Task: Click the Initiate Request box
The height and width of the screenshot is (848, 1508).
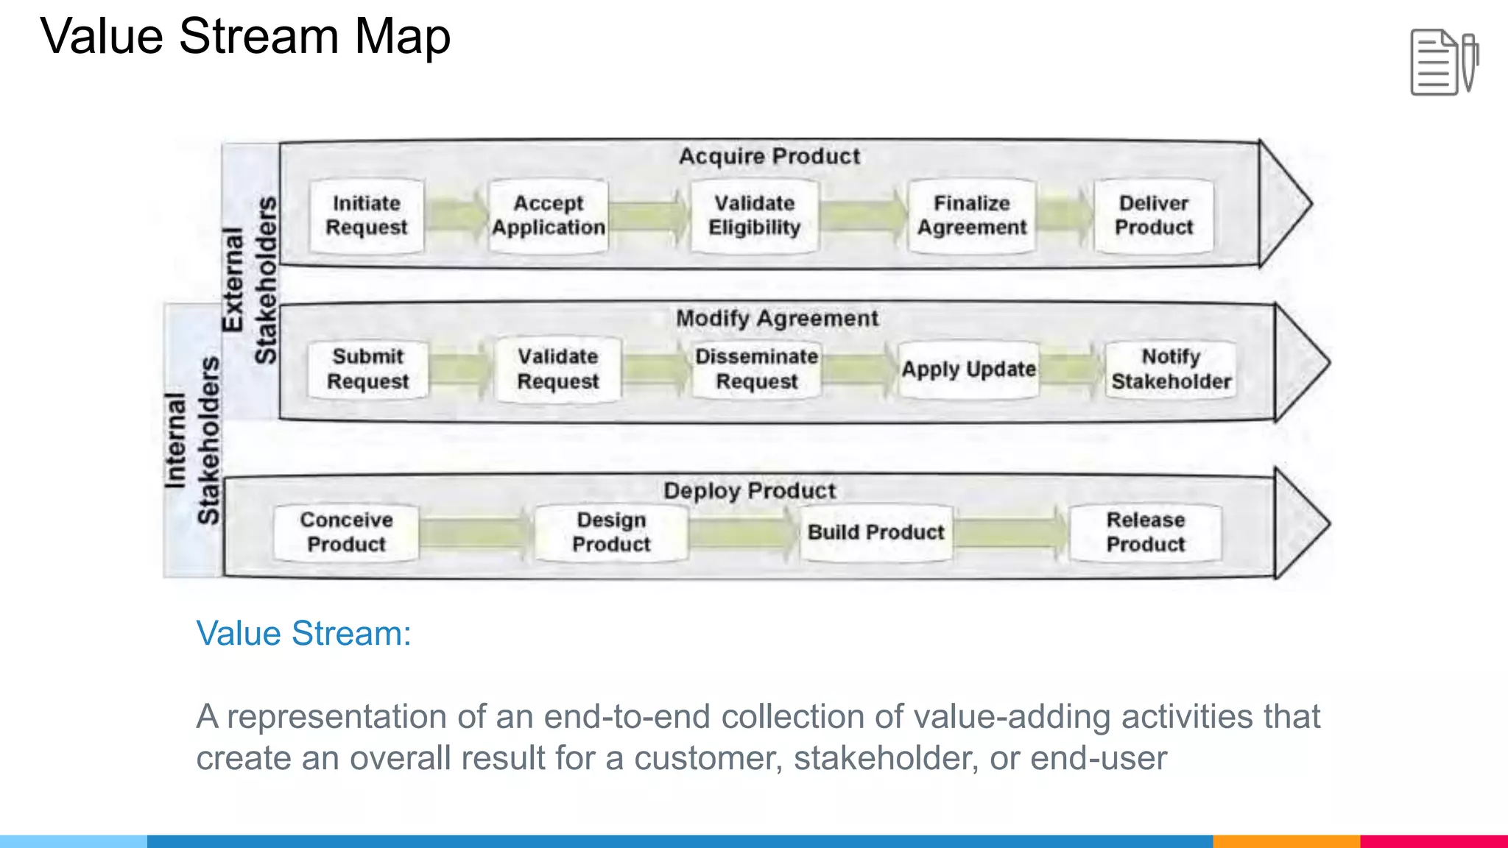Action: click(x=366, y=216)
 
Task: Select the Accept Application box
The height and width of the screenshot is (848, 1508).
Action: click(x=549, y=216)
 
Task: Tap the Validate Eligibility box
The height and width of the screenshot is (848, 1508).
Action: click(x=754, y=216)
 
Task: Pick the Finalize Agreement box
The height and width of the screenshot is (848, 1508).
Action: click(x=971, y=216)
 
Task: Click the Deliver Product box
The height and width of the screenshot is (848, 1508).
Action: click(x=1153, y=216)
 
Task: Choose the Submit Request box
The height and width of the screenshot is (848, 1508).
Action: click(x=367, y=370)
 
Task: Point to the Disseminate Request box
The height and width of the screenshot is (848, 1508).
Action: click(x=756, y=370)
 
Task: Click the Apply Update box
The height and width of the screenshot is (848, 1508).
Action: click(x=968, y=370)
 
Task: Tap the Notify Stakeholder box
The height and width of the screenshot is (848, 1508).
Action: click(x=1171, y=370)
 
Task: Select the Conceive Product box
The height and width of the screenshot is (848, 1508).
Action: click(x=346, y=533)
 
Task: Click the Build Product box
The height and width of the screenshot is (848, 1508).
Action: click(x=875, y=533)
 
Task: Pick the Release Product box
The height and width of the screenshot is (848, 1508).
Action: click(x=1145, y=533)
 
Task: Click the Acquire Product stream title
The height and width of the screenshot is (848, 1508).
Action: click(x=769, y=157)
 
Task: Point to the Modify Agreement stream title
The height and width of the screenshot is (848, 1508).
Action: click(x=777, y=319)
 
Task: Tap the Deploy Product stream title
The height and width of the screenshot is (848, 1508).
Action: click(x=749, y=491)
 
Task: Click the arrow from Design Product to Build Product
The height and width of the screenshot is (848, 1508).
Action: click(x=744, y=533)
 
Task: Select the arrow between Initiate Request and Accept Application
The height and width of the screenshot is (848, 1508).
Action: click(x=457, y=216)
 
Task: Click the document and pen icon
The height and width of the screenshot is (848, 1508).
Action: click(x=1443, y=63)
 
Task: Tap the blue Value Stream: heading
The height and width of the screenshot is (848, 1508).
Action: click(x=303, y=634)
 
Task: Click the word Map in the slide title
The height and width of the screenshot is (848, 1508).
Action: click(x=402, y=37)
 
